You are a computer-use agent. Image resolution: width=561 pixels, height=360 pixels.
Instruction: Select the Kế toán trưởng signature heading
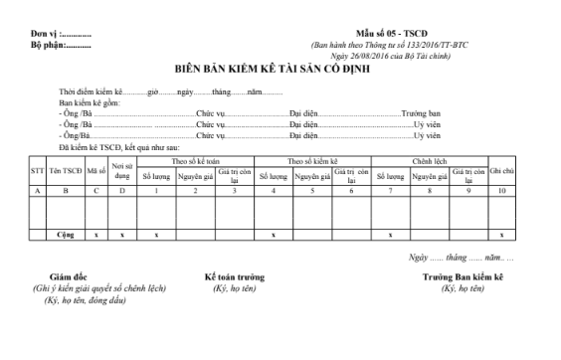click(x=235, y=276)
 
